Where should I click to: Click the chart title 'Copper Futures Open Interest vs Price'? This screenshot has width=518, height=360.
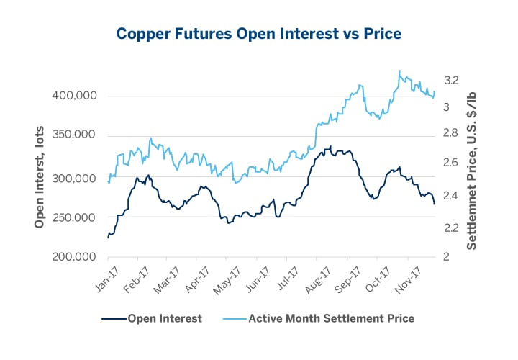[259, 33]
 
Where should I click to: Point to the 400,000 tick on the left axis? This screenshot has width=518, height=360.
[75, 96]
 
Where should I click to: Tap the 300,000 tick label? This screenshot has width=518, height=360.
[75, 177]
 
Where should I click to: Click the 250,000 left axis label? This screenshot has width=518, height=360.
[75, 217]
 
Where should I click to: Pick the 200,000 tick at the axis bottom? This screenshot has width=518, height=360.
[75, 257]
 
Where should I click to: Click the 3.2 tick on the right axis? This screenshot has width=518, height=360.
[453, 81]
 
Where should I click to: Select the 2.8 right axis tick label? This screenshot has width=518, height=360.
[453, 134]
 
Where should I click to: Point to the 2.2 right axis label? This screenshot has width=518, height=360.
[453, 228]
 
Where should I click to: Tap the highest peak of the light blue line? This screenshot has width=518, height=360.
[399, 71]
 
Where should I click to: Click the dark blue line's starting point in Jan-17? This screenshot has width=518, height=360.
[108, 237]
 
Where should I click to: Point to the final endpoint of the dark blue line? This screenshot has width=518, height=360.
[435, 204]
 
